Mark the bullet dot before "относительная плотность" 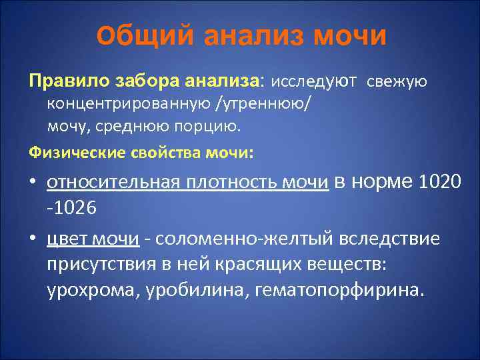coord(34,183)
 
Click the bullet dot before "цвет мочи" coord(34,239)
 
